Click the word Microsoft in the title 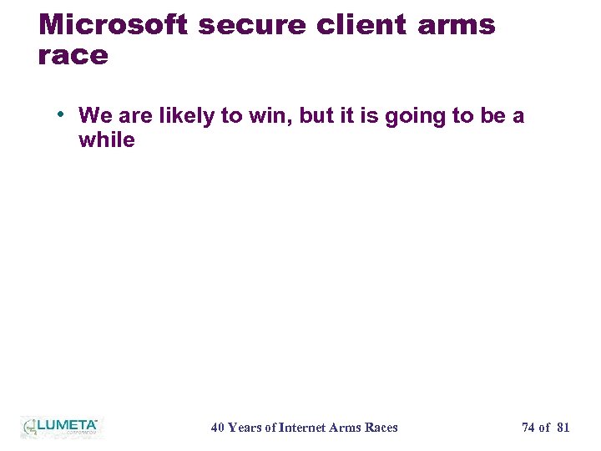(114, 24)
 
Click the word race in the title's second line (73, 56)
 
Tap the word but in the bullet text (316, 115)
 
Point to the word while (106, 139)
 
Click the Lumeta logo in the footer (60, 427)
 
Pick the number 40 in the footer (218, 428)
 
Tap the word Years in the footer (245, 428)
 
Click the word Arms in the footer (346, 428)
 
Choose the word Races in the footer (381, 428)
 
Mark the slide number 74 (528, 428)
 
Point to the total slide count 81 (563, 428)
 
